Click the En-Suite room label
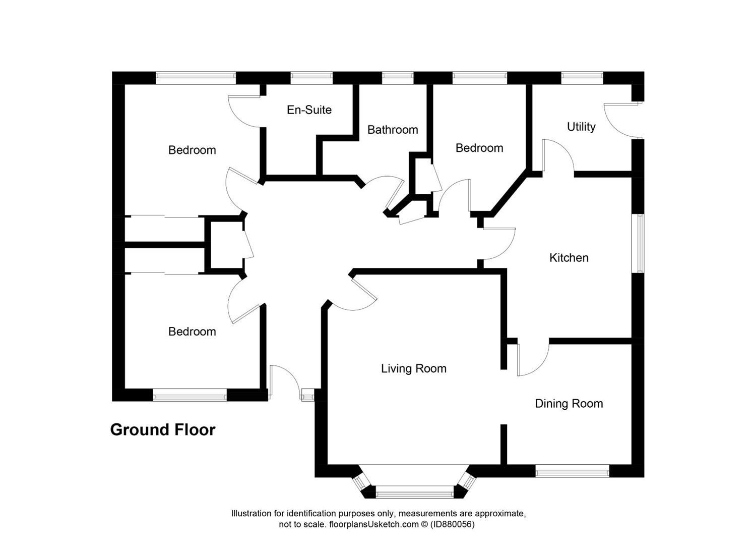[x=309, y=110]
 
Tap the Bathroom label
[x=393, y=130]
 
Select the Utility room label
[x=581, y=127]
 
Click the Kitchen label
[x=569, y=258]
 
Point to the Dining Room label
[x=569, y=404]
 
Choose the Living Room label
[x=413, y=369]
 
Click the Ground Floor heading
[x=163, y=429]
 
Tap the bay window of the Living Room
[x=414, y=489]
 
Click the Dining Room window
[x=572, y=473]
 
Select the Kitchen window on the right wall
[x=640, y=243]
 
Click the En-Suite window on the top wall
[x=311, y=78]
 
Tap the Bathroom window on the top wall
[x=397, y=78]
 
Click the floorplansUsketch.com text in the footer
[x=373, y=524]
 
